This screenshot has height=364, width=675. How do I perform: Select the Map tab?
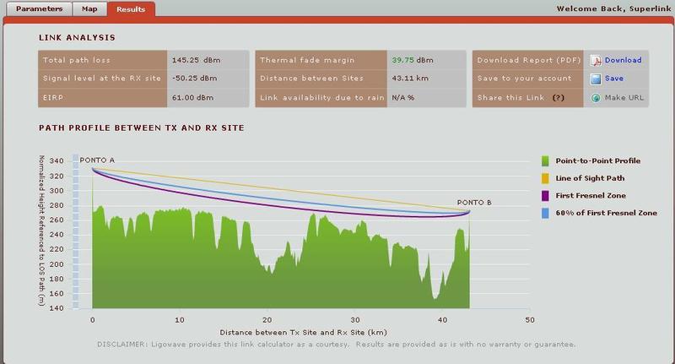point(88,9)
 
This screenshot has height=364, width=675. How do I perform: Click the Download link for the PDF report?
point(623,60)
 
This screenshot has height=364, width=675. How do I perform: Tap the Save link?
point(613,79)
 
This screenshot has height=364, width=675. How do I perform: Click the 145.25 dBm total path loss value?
point(197,60)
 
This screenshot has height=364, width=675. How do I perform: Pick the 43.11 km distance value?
point(410,79)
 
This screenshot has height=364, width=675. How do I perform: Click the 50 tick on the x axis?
point(529,320)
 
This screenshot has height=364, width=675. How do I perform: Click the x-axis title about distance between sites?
point(310,333)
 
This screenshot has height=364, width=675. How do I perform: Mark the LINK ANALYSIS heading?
point(78,38)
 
